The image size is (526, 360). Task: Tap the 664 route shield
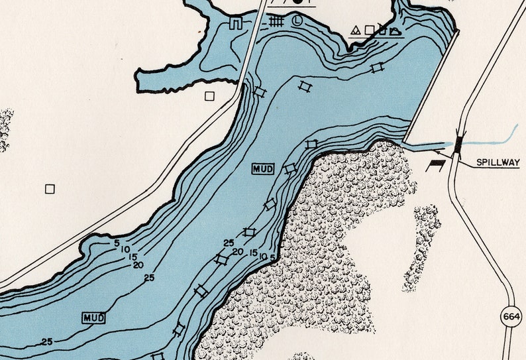(x=511, y=316)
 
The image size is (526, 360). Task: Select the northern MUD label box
(x=263, y=169)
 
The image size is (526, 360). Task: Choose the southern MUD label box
(x=94, y=318)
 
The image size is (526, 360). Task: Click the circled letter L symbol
(x=299, y=21)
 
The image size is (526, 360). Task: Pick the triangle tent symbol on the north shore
(x=355, y=30)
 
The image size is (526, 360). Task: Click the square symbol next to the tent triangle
(x=369, y=30)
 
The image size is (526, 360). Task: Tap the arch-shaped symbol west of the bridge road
(x=235, y=25)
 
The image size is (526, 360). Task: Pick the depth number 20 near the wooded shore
(x=237, y=252)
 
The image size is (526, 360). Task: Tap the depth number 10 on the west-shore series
(x=125, y=249)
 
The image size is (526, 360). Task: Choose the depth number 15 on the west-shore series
(x=132, y=257)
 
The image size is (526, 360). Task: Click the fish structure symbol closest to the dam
(x=378, y=67)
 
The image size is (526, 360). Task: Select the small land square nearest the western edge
(x=50, y=189)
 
